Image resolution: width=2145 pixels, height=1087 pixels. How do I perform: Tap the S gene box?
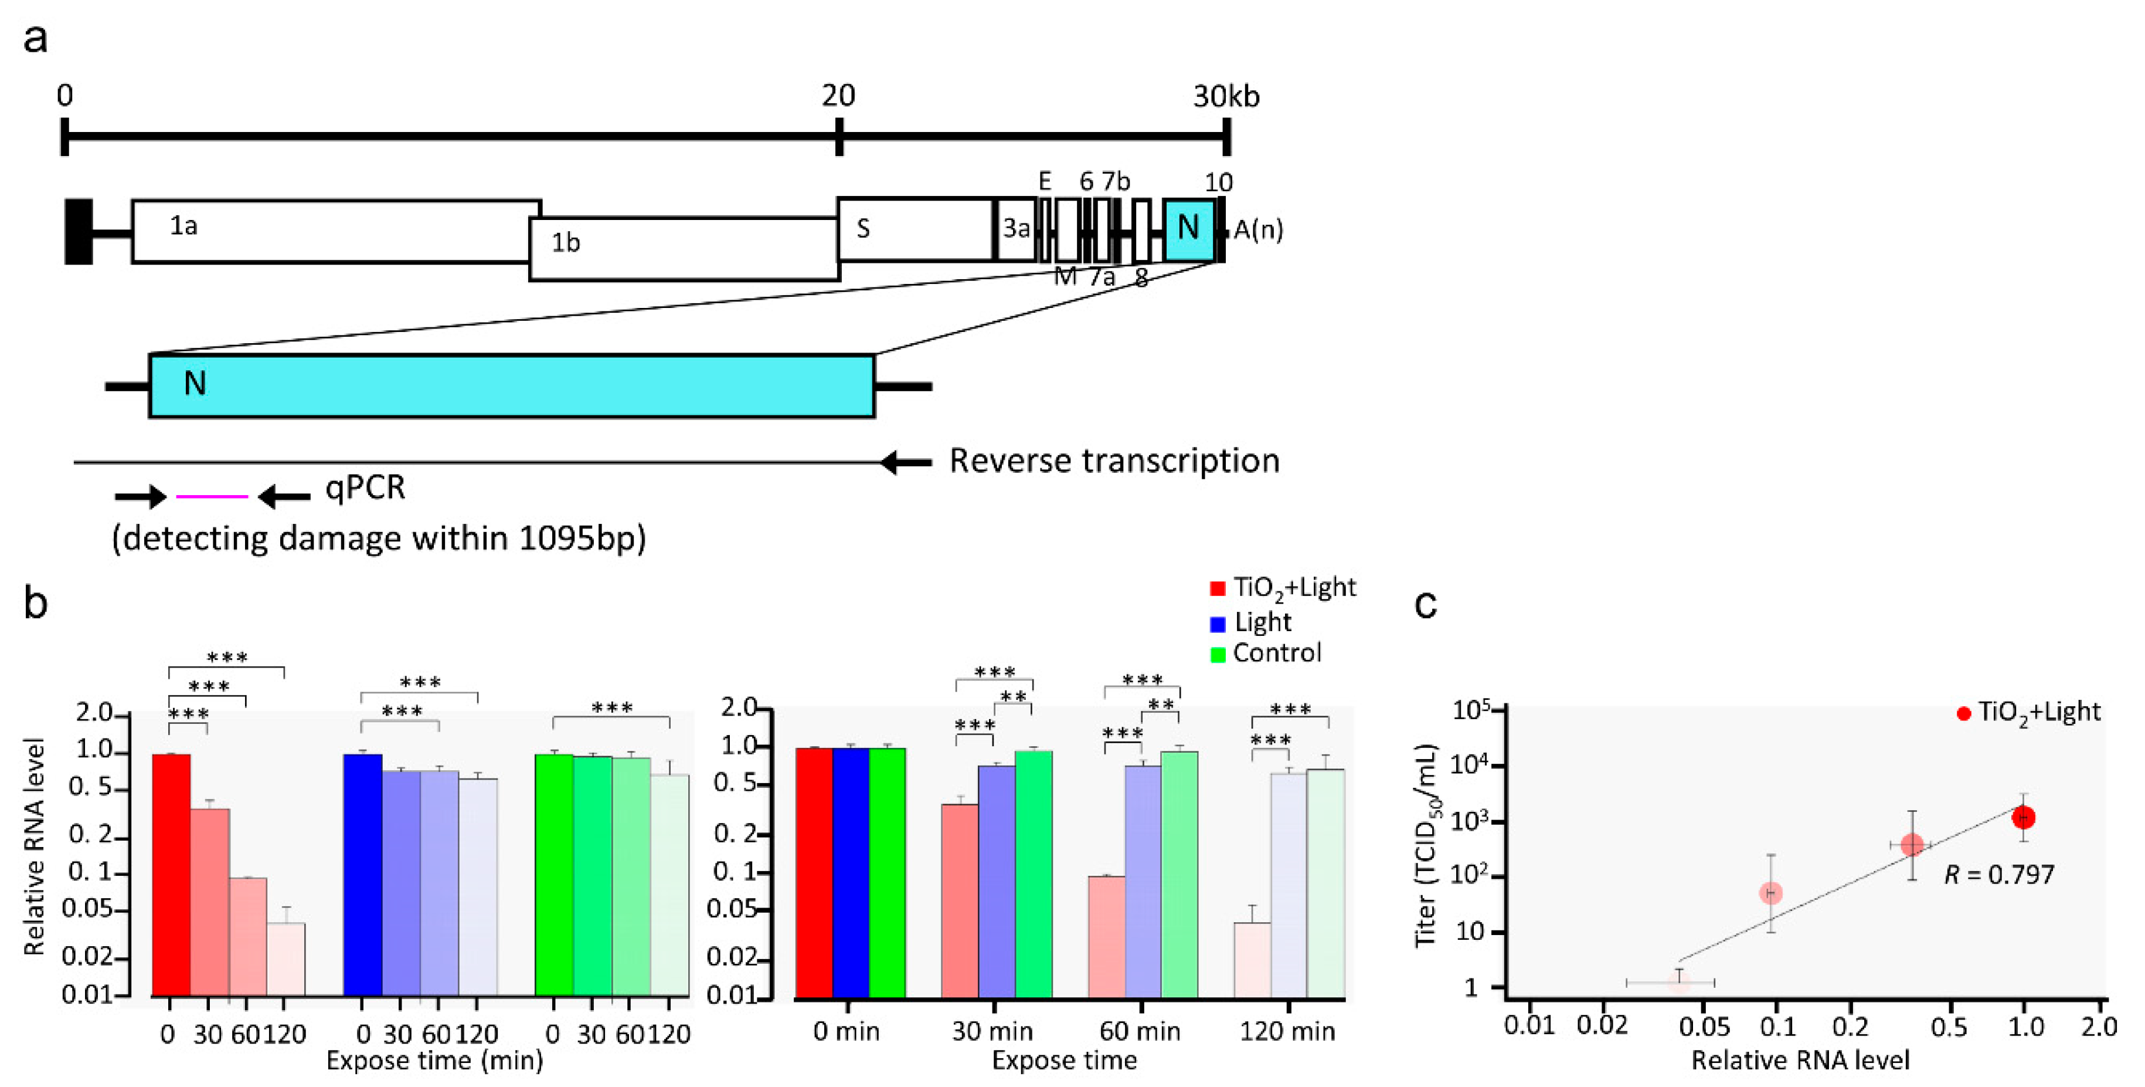(x=915, y=229)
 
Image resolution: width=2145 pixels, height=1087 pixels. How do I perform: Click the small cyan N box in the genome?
(x=1188, y=229)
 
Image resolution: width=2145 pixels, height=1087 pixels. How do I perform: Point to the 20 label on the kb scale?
(x=838, y=97)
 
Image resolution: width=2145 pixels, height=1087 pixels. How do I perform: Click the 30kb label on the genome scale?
(x=1226, y=97)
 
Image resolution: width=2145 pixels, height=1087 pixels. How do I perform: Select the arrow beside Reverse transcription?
(x=906, y=462)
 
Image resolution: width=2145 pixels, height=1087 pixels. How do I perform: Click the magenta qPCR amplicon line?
(x=212, y=496)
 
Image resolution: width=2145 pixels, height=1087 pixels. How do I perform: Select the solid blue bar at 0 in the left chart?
(x=362, y=875)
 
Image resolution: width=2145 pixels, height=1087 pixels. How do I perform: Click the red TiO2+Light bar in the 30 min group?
(x=959, y=900)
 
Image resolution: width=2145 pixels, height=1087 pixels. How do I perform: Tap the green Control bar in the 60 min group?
(x=1179, y=875)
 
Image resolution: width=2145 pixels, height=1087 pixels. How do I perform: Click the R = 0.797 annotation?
(x=1998, y=875)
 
